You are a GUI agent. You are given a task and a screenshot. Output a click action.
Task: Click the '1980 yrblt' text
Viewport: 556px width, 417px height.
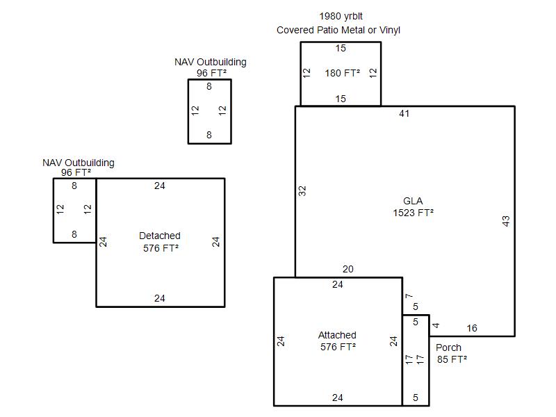(x=341, y=16)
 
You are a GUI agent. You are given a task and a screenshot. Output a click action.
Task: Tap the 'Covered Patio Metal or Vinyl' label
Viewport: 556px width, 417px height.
(x=338, y=30)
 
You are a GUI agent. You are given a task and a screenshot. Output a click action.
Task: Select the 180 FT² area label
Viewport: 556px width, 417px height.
(x=343, y=73)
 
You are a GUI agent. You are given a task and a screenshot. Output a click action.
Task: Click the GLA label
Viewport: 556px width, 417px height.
(x=413, y=202)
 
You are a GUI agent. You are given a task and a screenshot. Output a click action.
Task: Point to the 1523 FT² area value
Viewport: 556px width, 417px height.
(x=414, y=213)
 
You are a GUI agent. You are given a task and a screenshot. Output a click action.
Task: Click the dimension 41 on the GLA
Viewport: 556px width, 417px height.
(x=404, y=113)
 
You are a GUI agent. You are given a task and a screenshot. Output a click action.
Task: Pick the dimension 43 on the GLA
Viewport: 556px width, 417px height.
(x=506, y=221)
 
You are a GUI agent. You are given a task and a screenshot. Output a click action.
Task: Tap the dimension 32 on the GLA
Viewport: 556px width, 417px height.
(x=302, y=190)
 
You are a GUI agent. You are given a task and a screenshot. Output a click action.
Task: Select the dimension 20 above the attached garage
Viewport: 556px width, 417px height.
(x=348, y=270)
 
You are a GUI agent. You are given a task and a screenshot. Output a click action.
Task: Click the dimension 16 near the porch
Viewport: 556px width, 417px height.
(x=472, y=329)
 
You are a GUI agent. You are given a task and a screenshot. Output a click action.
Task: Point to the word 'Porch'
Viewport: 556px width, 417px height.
(x=448, y=347)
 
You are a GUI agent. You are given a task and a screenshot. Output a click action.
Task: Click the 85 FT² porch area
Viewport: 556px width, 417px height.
(x=452, y=359)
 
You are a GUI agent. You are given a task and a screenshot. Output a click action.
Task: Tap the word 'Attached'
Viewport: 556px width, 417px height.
(x=337, y=335)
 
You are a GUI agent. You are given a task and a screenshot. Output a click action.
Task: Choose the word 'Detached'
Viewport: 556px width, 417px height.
(x=160, y=236)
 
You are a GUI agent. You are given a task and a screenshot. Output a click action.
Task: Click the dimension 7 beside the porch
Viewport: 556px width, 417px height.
(x=409, y=297)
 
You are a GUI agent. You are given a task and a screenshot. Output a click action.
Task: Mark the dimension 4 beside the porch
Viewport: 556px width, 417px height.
(x=436, y=325)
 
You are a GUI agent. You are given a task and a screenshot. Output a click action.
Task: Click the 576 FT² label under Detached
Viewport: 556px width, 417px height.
(x=161, y=248)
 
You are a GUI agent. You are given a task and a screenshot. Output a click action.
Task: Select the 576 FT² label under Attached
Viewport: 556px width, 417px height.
(x=338, y=347)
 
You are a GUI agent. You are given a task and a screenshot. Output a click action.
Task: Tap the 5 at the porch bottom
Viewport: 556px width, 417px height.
(x=416, y=398)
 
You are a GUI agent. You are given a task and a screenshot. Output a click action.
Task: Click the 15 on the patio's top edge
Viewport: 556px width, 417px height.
(x=341, y=49)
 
